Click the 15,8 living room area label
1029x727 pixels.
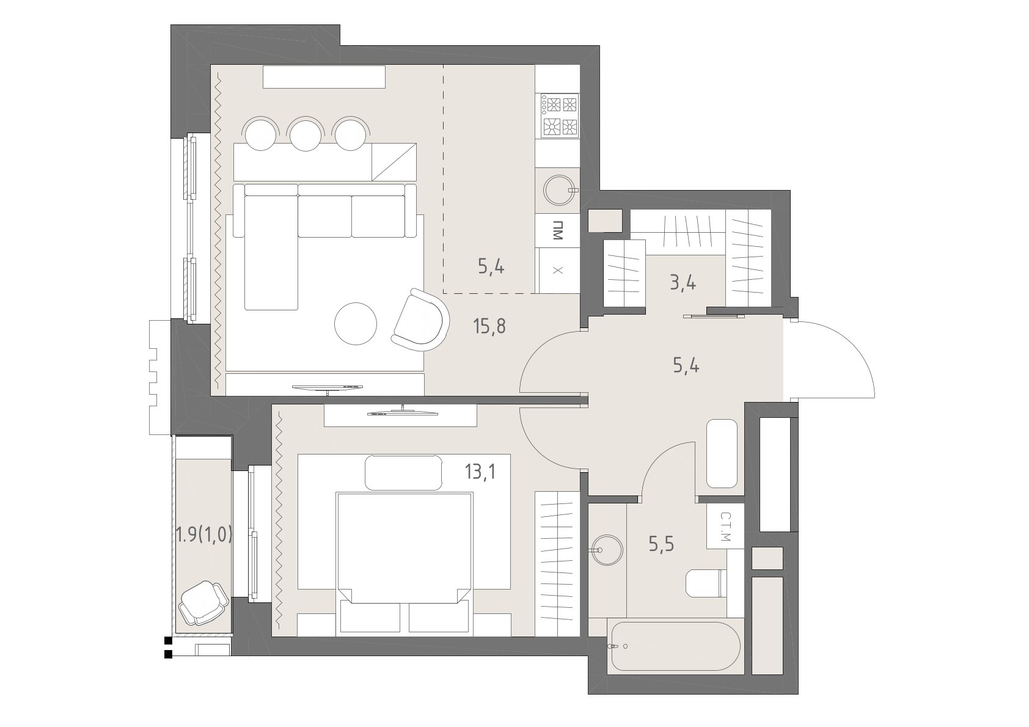pos(489,326)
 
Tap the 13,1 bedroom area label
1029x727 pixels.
pos(480,472)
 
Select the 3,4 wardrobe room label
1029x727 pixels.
pos(683,282)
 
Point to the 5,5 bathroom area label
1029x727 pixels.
pos(661,544)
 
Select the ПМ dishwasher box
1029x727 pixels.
pos(558,230)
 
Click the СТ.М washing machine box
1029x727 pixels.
pos(725,527)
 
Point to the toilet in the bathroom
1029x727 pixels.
pos(706,583)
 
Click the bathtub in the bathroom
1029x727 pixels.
pos(676,646)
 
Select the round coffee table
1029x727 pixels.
pos(356,324)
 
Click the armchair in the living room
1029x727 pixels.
pos(420,320)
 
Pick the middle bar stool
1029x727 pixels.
pos(306,134)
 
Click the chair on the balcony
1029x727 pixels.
pos(203,602)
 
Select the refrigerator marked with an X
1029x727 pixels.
pos(558,271)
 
